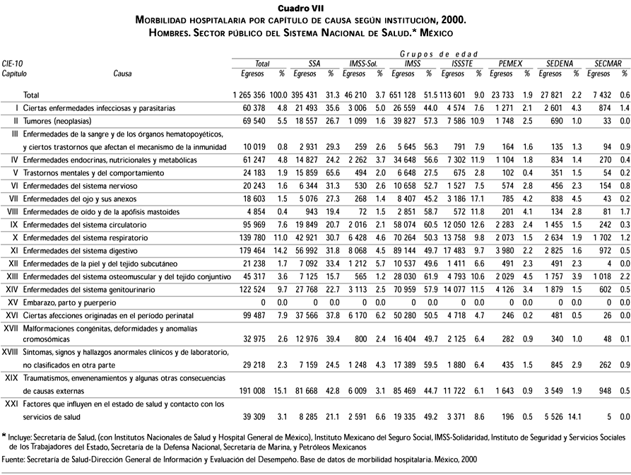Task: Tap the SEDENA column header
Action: [x=559, y=63]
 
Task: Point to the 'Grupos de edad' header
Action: [x=439, y=54]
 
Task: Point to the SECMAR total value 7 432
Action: [x=607, y=95]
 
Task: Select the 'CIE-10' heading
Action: [x=13, y=63]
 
